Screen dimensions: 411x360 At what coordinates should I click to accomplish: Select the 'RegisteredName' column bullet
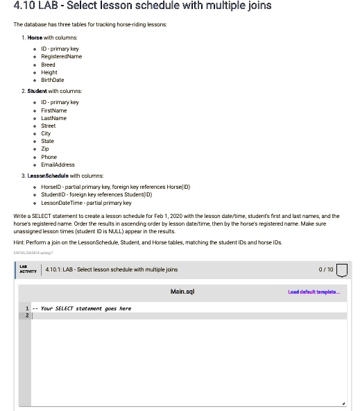coord(62,56)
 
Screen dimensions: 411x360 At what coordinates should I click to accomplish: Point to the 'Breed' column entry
coord(49,65)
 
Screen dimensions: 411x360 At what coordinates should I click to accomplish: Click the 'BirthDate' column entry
coord(53,80)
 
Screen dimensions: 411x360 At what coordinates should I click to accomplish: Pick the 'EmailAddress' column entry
coord(58,165)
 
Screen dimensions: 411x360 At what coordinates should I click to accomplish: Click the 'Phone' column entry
coord(49,157)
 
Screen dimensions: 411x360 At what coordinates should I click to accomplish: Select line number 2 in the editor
coord(28,316)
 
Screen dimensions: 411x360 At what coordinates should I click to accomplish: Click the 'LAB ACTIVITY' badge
coord(26,269)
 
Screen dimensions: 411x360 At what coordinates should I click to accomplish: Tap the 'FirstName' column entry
coord(54,110)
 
